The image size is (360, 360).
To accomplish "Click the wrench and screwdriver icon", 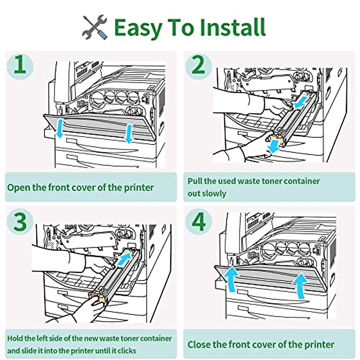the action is pyautogui.click(x=95, y=27).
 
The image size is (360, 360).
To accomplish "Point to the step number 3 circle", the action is pyautogui.click(x=20, y=222).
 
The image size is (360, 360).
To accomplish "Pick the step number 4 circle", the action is pyautogui.click(x=199, y=222).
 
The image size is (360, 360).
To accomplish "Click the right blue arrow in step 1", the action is pyautogui.click(x=129, y=134).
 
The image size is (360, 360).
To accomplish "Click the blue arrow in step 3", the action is pyautogui.click(x=124, y=259).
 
